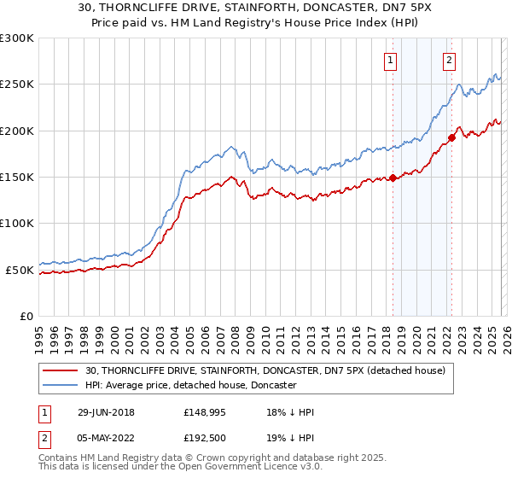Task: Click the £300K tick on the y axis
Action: click(x=17, y=38)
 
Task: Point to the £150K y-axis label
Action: click(x=17, y=178)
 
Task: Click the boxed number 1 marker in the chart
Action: click(x=390, y=60)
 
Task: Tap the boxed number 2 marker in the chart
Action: click(x=449, y=60)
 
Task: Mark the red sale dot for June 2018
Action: click(x=393, y=178)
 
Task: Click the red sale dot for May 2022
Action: click(x=451, y=138)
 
